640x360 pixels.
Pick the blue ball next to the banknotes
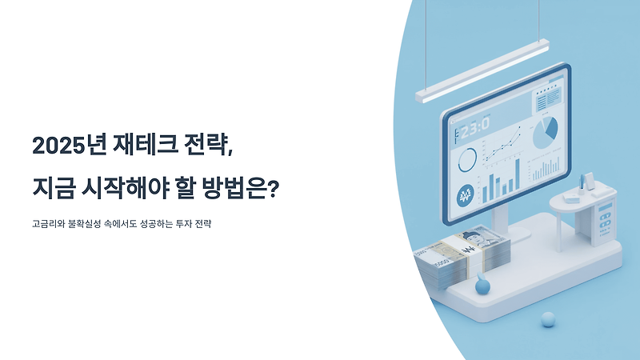482,284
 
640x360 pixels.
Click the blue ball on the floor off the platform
548,319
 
